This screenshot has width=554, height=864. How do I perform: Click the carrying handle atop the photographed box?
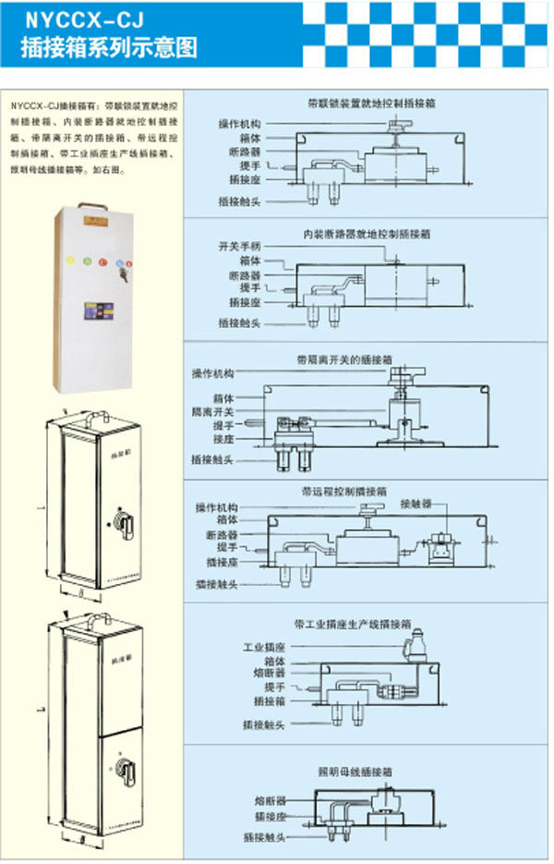pos(92,204)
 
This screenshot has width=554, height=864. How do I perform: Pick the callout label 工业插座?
pos(266,647)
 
